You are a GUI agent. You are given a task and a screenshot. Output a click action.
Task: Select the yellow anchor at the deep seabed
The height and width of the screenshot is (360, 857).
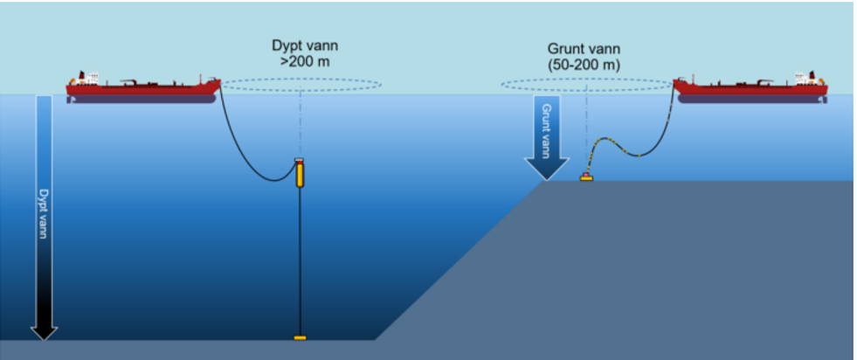pos(300,337)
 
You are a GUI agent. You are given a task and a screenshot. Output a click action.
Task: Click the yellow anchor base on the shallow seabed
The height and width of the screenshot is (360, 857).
pos(586,178)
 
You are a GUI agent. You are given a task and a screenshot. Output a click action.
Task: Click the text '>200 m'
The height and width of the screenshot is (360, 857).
pos(301,63)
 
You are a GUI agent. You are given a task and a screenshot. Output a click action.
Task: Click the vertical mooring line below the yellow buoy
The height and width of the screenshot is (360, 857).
pos(300,262)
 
